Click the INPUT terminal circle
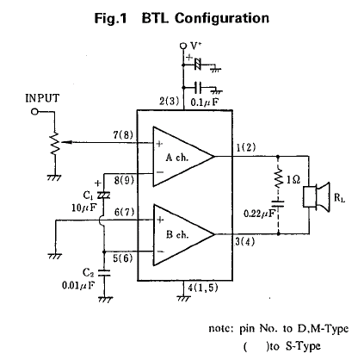tap(34, 112)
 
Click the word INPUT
tap(42, 98)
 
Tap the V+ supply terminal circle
tap(183, 46)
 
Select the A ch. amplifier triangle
tap(183, 157)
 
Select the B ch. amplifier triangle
tap(183, 234)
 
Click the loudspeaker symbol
tap(317, 197)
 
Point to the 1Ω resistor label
tap(293, 180)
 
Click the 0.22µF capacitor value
tap(259, 214)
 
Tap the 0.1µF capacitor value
tap(204, 102)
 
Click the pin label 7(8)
tap(123, 134)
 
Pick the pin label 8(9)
tap(124, 181)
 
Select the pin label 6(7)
tap(124, 213)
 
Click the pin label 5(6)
tap(123, 258)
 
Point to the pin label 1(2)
tap(246, 148)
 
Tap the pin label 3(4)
tap(244, 242)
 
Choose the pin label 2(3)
tap(170, 101)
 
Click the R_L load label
tap(339, 198)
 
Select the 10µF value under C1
tap(84, 208)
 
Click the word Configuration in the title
tap(222, 18)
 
